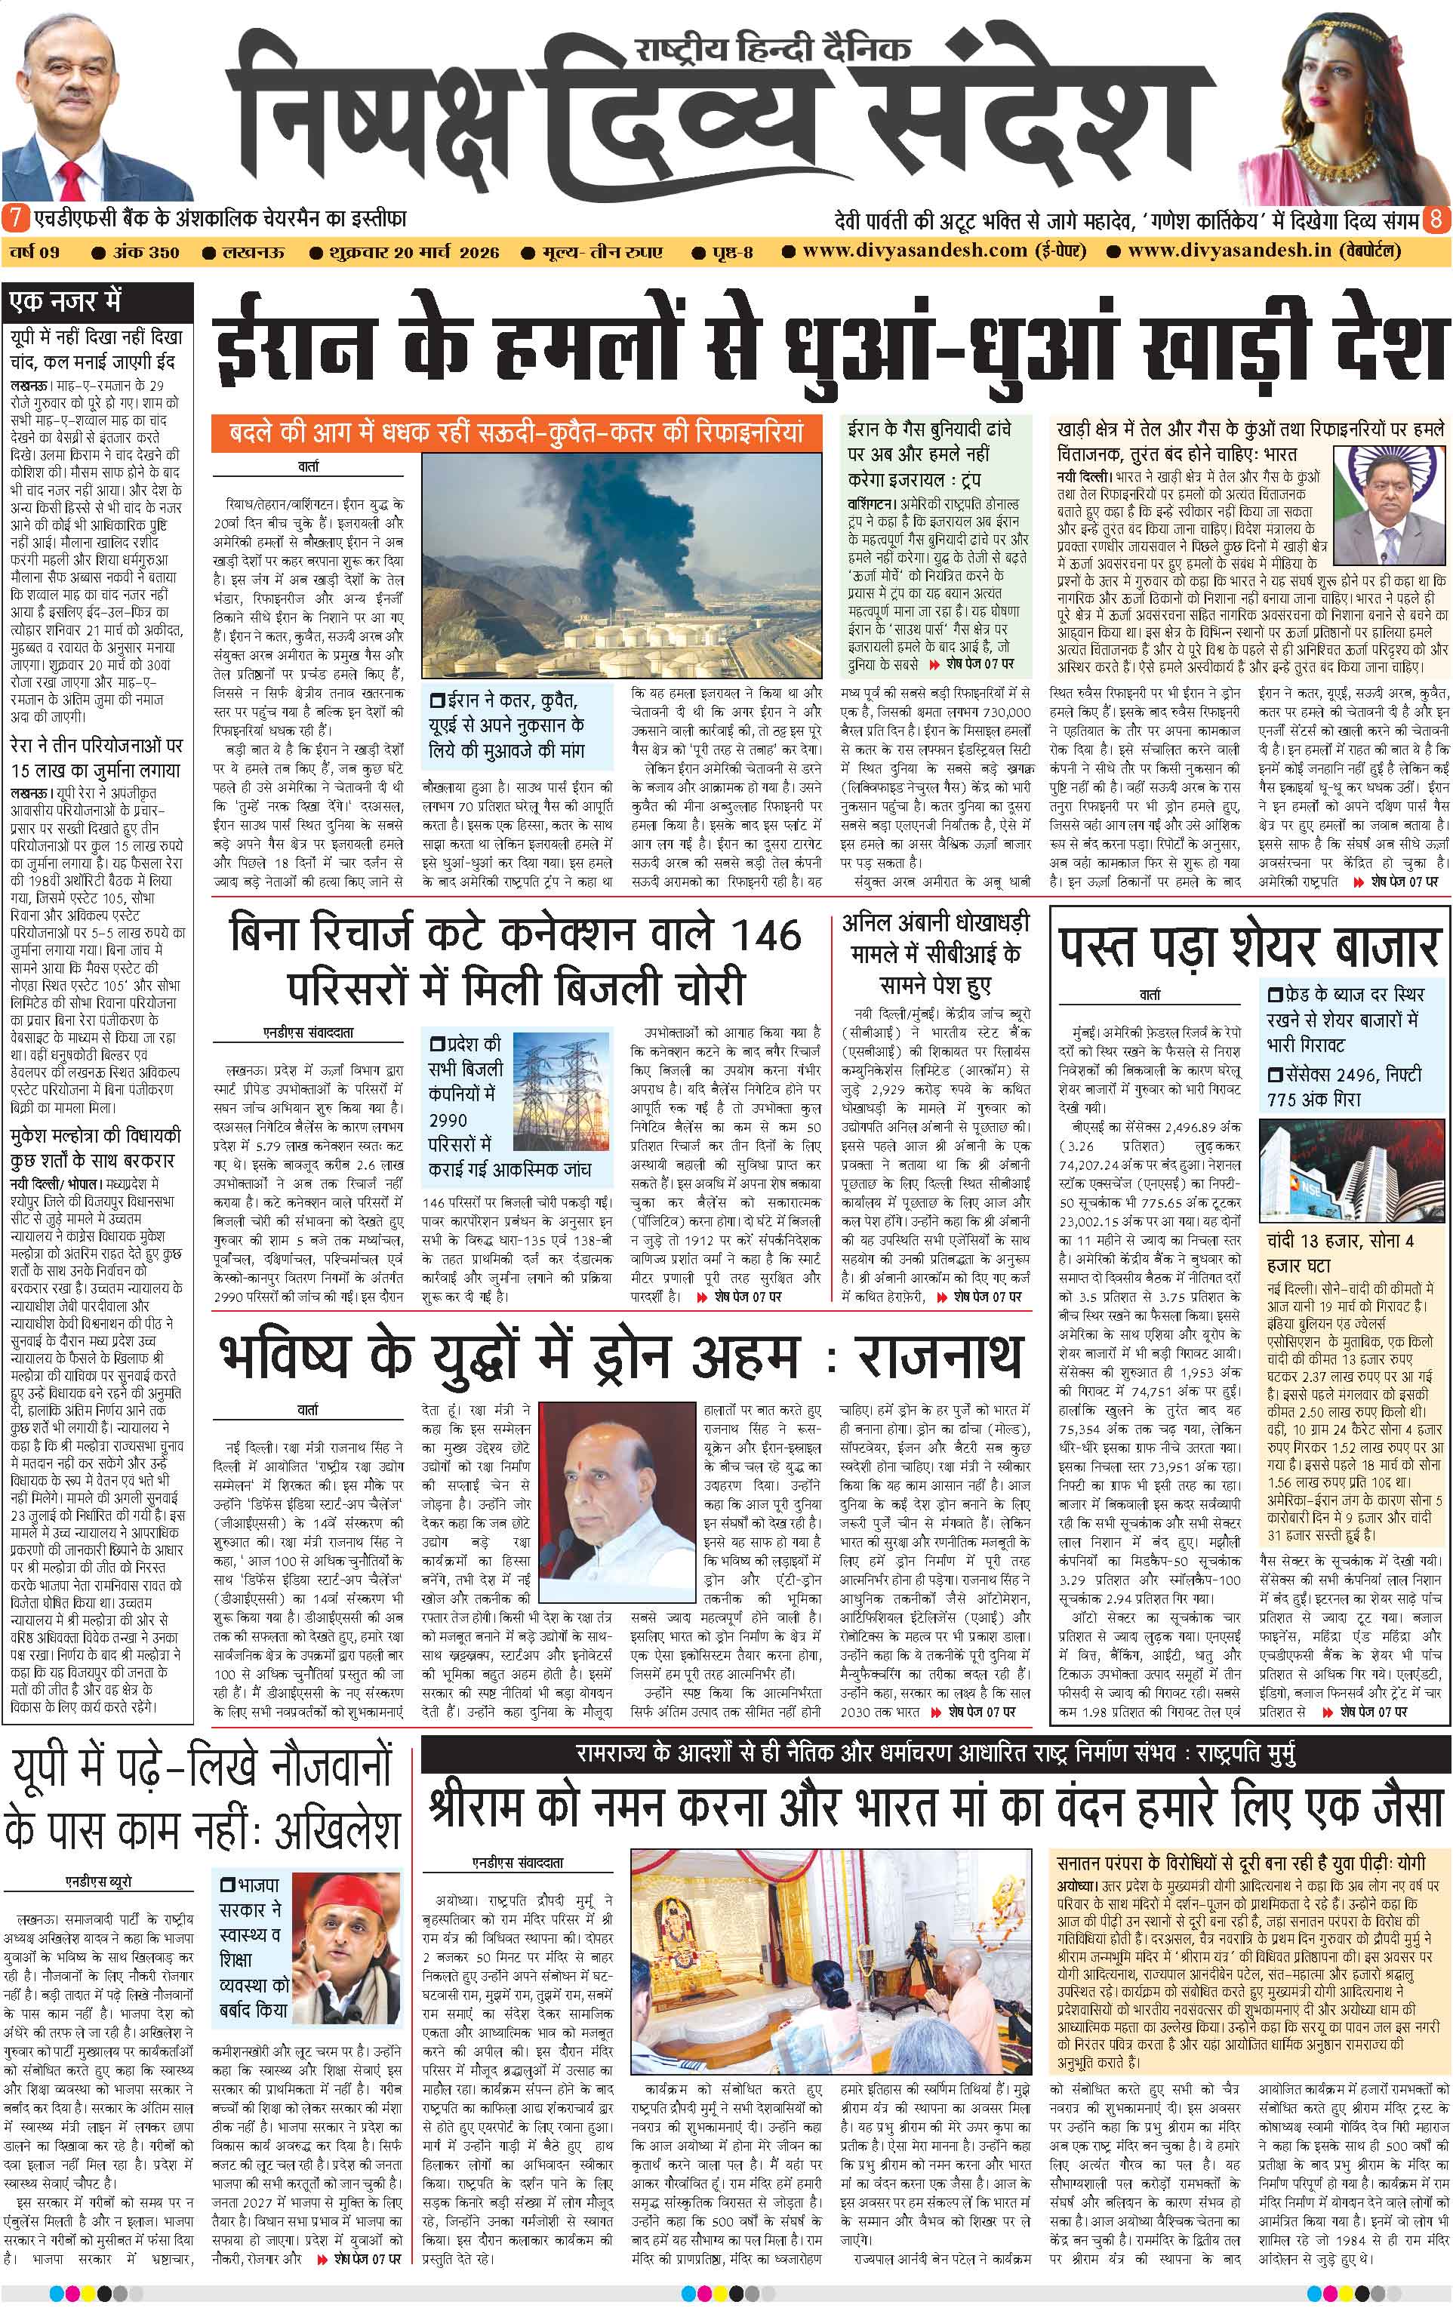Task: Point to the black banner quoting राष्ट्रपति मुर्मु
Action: click(934, 1754)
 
